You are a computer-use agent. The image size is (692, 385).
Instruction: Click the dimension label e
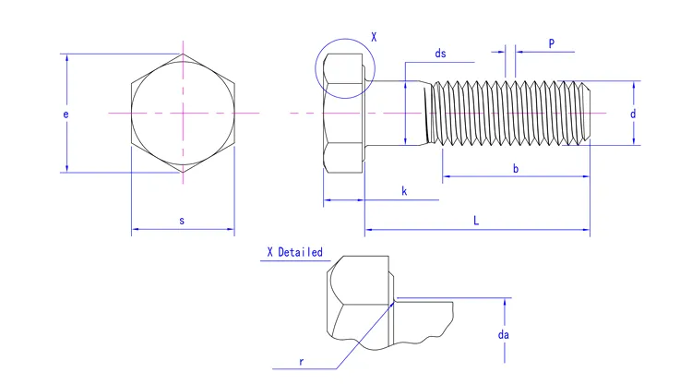[x=66, y=114]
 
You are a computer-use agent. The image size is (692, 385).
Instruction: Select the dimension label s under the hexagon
[x=182, y=221]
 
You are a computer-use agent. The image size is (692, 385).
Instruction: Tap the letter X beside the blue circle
[x=374, y=37]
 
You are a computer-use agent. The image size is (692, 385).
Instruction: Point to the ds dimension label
[x=440, y=54]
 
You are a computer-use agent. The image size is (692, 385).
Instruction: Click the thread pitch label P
[x=551, y=43]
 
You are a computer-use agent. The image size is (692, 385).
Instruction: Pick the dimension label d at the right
[x=633, y=114]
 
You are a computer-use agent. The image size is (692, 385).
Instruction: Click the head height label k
[x=404, y=191]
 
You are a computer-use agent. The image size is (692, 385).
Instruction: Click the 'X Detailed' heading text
[x=294, y=252]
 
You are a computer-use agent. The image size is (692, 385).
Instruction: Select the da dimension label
[x=504, y=334]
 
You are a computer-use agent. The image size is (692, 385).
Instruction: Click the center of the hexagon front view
[x=183, y=113]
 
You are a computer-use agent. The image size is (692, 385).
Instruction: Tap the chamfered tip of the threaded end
[x=586, y=113]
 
